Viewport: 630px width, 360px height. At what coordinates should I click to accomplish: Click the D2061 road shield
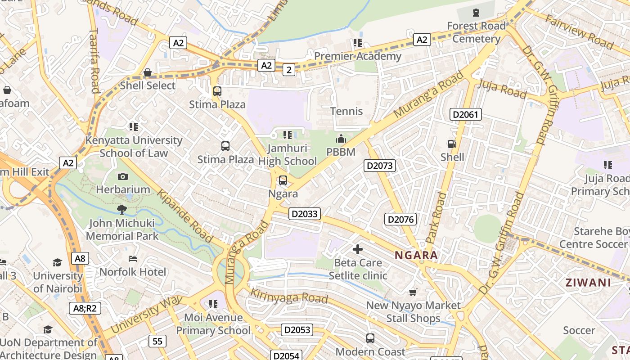(x=466, y=114)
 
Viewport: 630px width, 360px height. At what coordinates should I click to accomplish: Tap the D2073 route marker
(x=379, y=166)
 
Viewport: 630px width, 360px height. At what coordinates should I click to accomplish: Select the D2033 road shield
(x=305, y=214)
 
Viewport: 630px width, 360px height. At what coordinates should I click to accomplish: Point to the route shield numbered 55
(x=157, y=341)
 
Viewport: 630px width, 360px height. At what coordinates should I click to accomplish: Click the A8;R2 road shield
(x=85, y=308)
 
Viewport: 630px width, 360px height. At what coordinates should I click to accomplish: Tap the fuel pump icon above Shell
(x=451, y=144)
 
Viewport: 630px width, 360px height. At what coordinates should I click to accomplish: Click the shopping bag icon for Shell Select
(x=147, y=72)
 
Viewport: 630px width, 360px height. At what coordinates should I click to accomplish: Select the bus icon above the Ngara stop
(x=283, y=180)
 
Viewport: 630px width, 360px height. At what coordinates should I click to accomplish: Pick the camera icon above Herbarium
(x=122, y=176)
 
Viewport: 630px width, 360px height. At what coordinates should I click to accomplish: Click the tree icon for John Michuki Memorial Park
(x=121, y=209)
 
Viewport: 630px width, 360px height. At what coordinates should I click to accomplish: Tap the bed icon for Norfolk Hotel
(x=132, y=259)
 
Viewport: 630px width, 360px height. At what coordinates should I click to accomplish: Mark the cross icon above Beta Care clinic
(x=358, y=249)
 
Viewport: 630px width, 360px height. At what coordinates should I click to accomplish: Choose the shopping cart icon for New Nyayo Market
(x=413, y=292)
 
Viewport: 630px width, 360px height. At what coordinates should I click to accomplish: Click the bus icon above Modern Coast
(x=370, y=338)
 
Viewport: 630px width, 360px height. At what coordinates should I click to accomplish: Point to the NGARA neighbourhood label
(x=416, y=256)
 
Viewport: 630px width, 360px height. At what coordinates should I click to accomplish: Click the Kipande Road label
(x=184, y=216)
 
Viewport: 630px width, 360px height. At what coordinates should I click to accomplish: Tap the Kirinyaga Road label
(x=288, y=296)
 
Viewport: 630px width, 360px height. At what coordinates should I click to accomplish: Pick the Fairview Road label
(x=579, y=31)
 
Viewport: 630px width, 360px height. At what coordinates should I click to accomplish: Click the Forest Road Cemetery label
(x=476, y=32)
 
